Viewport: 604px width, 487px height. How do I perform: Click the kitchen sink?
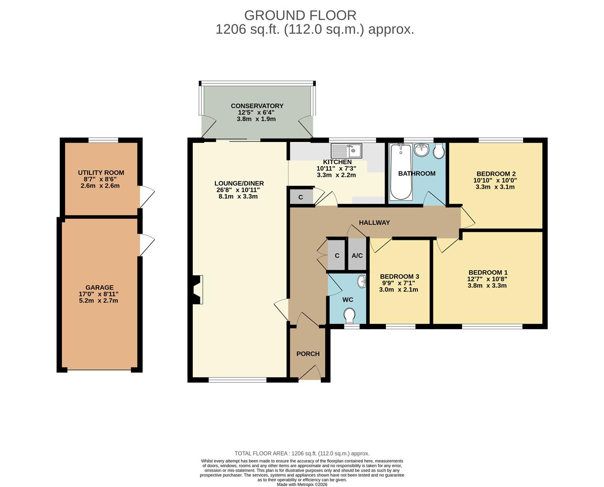tap(346, 151)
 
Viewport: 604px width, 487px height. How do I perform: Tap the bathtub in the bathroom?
tap(401, 172)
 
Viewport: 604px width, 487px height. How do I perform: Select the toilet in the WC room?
tap(349, 316)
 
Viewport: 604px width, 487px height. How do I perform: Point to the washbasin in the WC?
tap(362, 282)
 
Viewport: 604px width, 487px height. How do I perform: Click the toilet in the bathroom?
tap(439, 151)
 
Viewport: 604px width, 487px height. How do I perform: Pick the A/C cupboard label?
tap(357, 256)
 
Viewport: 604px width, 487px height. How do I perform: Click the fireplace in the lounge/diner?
tap(198, 289)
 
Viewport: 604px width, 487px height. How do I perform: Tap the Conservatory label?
tap(257, 106)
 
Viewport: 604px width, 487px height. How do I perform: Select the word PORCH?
tap(308, 354)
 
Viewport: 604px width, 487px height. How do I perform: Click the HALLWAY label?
tap(374, 222)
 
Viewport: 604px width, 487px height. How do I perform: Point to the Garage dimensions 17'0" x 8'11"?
tap(99, 294)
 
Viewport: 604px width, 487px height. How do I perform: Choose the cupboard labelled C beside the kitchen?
tap(301, 196)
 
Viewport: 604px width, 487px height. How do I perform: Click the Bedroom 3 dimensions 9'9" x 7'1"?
tap(399, 283)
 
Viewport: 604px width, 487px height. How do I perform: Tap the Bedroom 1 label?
tap(488, 272)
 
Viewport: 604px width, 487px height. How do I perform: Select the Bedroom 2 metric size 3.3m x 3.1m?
tap(495, 187)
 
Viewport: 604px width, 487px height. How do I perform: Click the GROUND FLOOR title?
tap(300, 15)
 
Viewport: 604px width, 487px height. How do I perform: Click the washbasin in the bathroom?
tap(422, 150)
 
